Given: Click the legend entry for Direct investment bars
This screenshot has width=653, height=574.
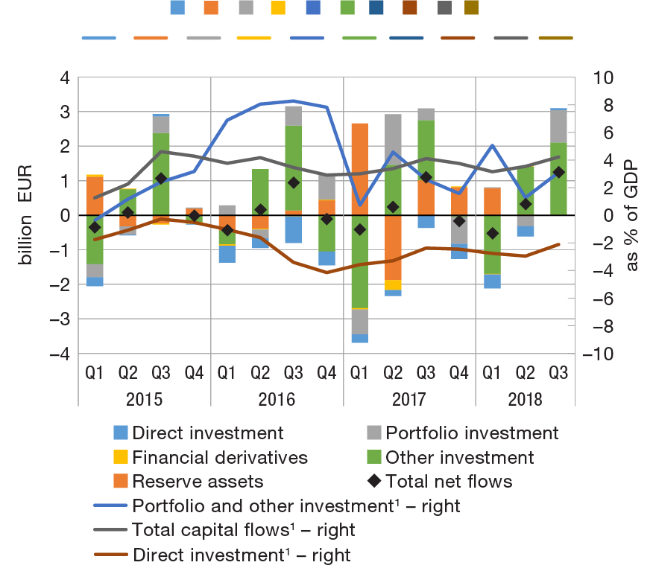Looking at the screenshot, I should click(x=208, y=433).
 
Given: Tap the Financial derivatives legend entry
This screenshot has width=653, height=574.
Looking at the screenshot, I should click(x=219, y=457).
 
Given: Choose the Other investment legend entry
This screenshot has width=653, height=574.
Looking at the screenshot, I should click(x=459, y=457).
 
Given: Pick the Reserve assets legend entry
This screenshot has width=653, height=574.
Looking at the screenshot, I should click(x=198, y=481).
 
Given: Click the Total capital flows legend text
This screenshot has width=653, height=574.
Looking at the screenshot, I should click(x=243, y=530).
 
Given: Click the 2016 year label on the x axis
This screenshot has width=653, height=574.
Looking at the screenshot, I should click(x=277, y=400).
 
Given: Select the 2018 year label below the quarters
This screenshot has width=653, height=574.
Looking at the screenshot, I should click(x=526, y=400).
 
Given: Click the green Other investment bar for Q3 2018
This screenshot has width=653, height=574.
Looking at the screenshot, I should click(x=558, y=179).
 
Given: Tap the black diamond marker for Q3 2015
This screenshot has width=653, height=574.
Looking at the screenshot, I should click(x=161, y=179).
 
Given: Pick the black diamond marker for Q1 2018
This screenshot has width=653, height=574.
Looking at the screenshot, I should click(x=492, y=234).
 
